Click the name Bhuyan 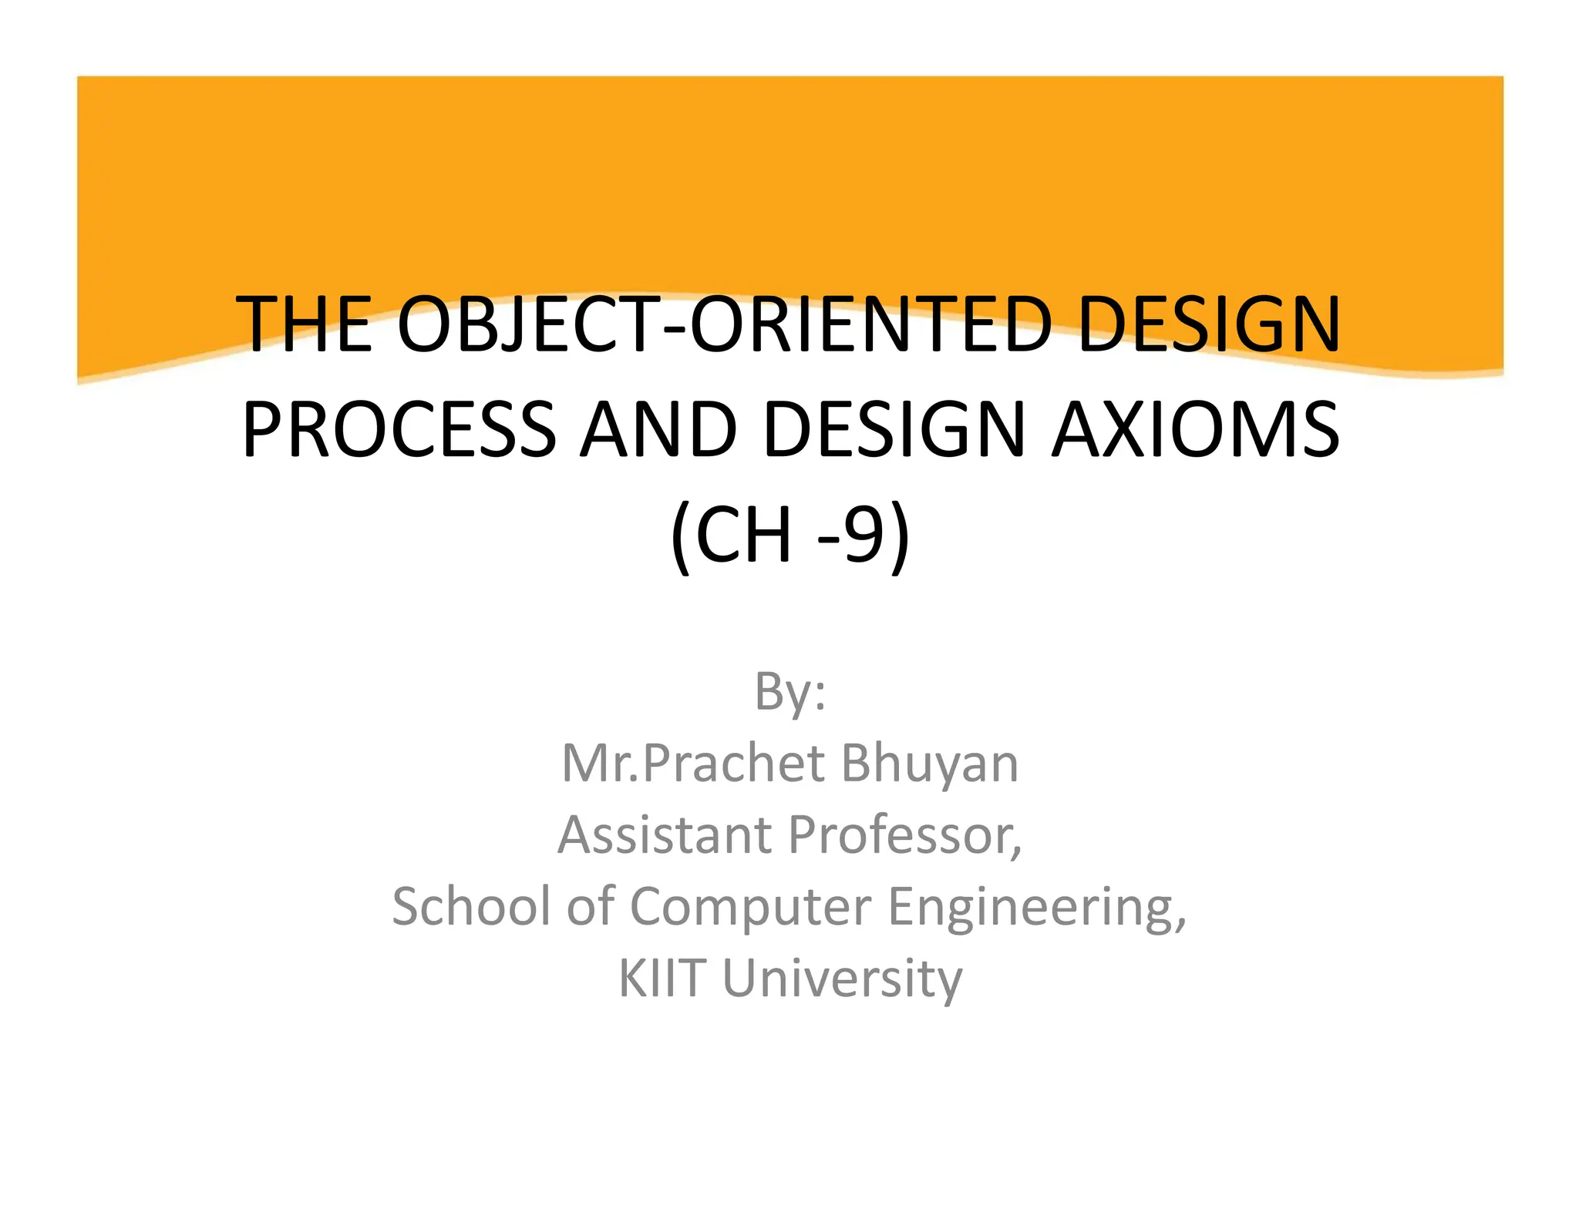[x=929, y=764]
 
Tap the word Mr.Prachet [x=693, y=764]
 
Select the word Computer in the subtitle [x=750, y=908]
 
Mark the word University [x=842, y=979]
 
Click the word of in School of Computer [x=590, y=906]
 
